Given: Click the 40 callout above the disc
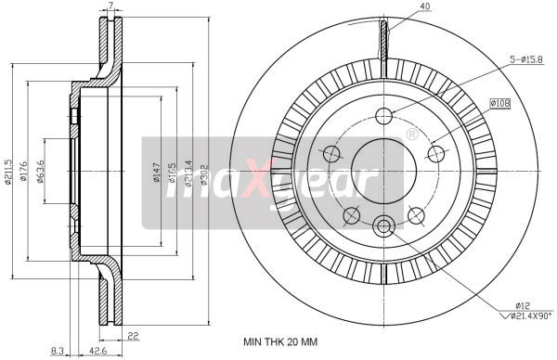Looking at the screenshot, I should coord(399,8).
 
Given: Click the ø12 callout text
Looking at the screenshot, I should coord(522,303).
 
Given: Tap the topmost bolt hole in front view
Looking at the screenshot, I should coord(385,115).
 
